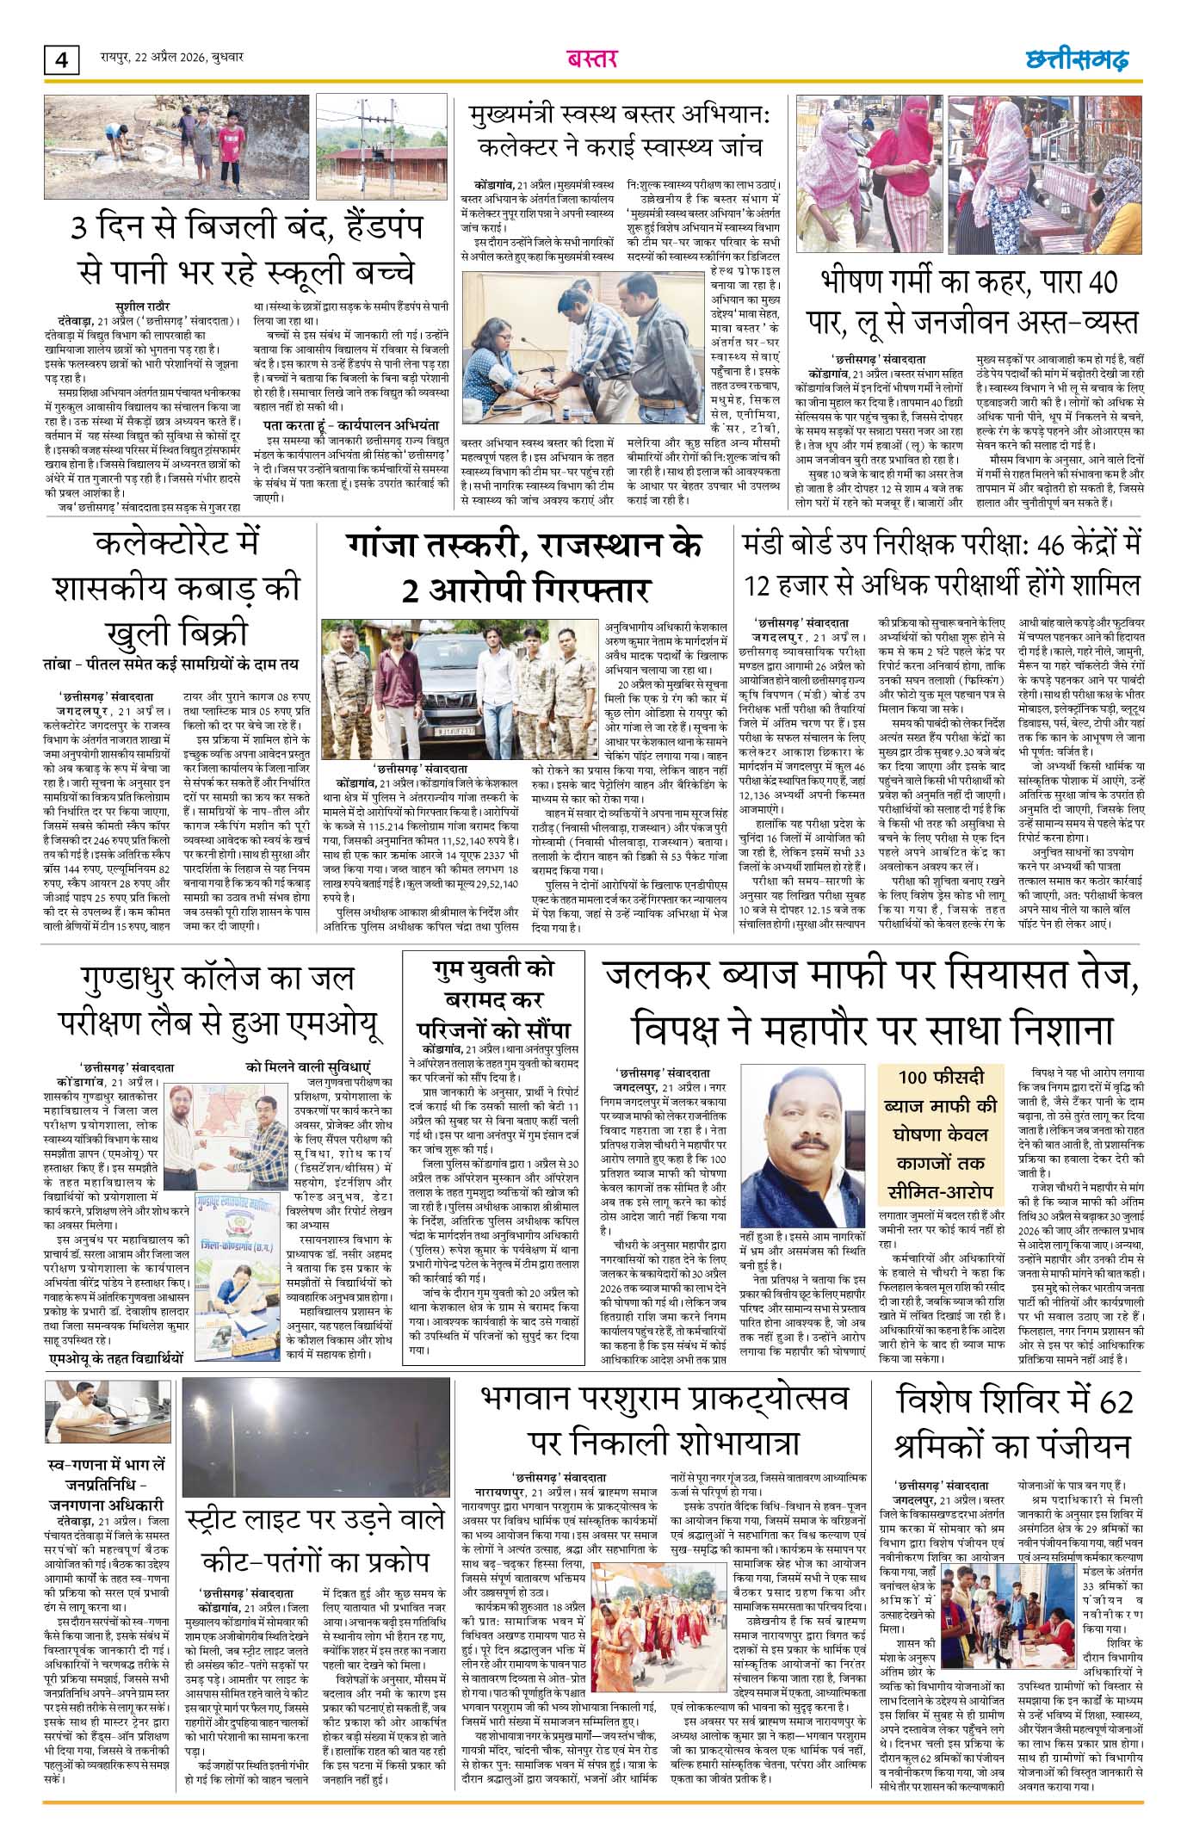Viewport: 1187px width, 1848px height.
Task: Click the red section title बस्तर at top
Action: (592, 59)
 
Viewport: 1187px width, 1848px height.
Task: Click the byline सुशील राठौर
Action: (143, 306)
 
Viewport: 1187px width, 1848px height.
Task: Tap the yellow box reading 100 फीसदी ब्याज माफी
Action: (948, 1134)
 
